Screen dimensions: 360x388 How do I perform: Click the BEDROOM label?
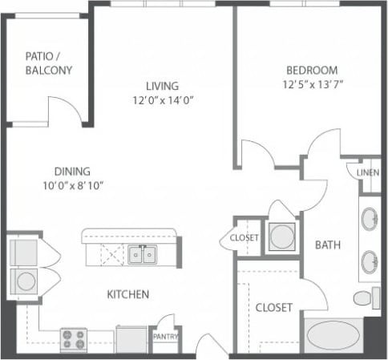(x=309, y=70)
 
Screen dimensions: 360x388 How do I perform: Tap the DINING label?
(x=71, y=171)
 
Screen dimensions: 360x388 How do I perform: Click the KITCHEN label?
(x=128, y=294)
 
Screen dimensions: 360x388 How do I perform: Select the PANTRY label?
(x=164, y=337)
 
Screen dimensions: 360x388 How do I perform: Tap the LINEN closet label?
(x=369, y=172)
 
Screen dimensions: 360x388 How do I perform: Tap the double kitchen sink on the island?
(x=143, y=256)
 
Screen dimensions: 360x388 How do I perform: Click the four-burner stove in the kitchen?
(x=75, y=340)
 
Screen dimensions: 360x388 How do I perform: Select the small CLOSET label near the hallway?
(x=244, y=238)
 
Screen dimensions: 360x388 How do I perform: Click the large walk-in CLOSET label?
(x=273, y=308)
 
